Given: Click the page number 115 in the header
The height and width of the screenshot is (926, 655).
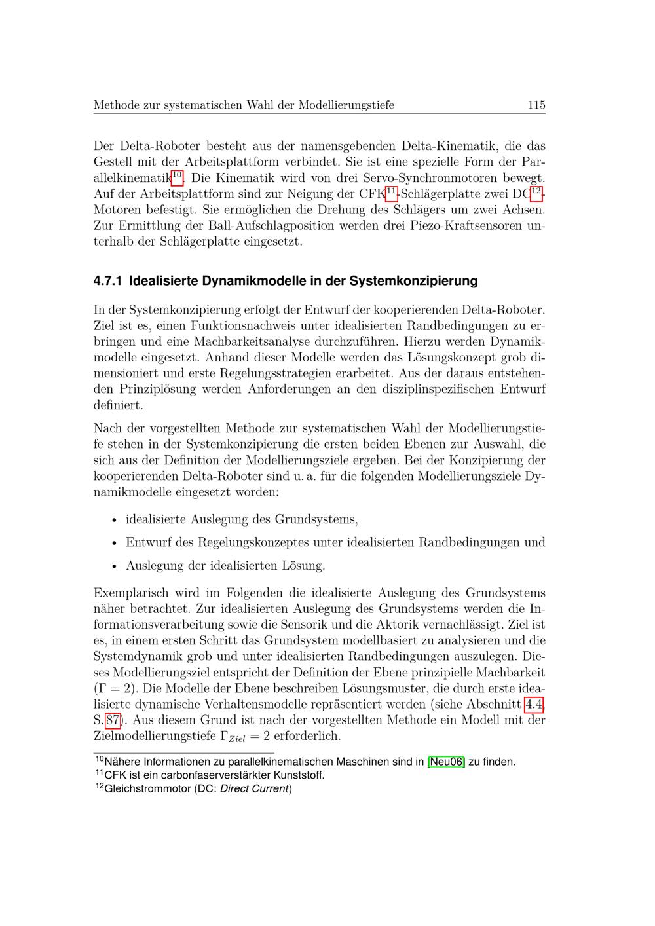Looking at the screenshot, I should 536,105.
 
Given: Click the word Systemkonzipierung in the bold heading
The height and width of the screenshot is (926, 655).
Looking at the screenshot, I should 414,282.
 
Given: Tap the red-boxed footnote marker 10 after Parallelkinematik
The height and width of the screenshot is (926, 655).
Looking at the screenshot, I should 177,176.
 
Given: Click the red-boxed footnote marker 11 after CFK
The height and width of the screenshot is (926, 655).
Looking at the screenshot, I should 391,192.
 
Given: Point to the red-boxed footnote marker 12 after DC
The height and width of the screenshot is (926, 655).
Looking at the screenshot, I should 536,192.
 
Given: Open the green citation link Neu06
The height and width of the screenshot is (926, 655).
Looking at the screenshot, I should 446,762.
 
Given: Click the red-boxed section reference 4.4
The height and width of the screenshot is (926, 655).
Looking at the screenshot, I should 534,705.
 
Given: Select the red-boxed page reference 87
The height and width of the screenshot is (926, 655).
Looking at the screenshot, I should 113,720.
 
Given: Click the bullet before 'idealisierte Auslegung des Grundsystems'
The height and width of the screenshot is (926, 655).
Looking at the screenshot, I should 114,521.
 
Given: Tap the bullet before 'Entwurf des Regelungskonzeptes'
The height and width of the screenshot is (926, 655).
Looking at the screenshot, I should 114,544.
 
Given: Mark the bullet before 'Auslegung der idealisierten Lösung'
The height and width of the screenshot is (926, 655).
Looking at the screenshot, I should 114,566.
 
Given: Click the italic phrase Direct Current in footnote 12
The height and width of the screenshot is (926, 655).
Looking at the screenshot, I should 254,788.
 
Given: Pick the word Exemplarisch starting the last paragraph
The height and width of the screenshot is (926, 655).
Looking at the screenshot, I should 130,593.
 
